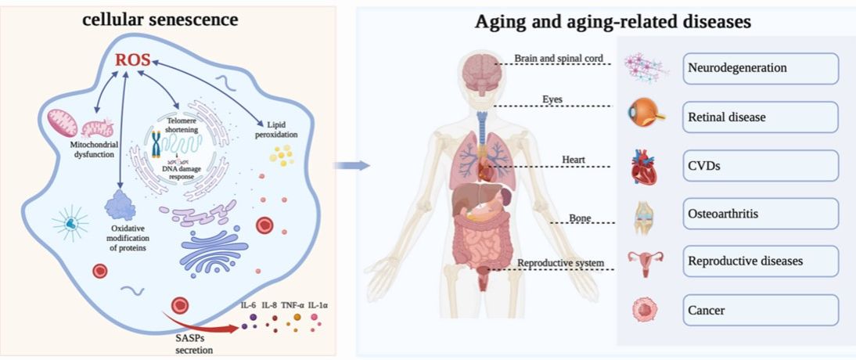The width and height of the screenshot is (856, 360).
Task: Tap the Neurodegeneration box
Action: tap(760, 68)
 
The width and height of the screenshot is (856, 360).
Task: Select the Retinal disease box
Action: tap(760, 117)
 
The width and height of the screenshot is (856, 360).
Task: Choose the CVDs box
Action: tap(760, 165)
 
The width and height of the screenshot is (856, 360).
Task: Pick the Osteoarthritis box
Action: tap(760, 213)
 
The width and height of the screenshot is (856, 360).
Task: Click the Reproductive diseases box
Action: tap(760, 261)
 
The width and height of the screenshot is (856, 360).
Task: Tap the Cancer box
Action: tap(760, 310)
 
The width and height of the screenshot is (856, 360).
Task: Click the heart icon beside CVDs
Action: tap(644, 167)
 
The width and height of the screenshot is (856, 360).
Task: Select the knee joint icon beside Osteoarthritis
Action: tap(644, 214)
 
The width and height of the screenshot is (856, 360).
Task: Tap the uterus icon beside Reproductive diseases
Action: tap(644, 262)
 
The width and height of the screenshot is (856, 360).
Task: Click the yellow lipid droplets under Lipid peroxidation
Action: tap(280, 156)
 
